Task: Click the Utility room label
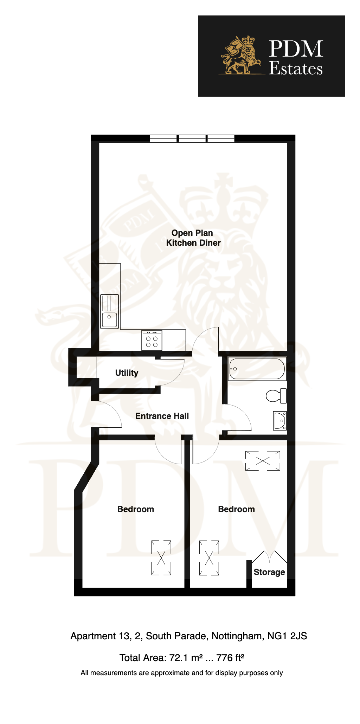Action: [127, 373]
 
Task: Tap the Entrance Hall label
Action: [162, 416]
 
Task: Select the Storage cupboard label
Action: [269, 572]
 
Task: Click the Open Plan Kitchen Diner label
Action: [193, 238]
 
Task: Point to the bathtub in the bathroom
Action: [257, 369]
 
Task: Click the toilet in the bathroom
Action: [276, 396]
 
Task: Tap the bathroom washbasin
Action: [280, 421]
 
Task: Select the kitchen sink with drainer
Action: [110, 311]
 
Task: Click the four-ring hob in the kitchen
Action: [152, 340]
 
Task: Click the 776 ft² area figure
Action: [230, 658]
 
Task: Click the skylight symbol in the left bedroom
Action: [161, 558]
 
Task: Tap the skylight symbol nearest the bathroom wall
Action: [263, 461]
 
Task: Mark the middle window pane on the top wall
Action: [192, 138]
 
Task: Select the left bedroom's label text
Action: [136, 509]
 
